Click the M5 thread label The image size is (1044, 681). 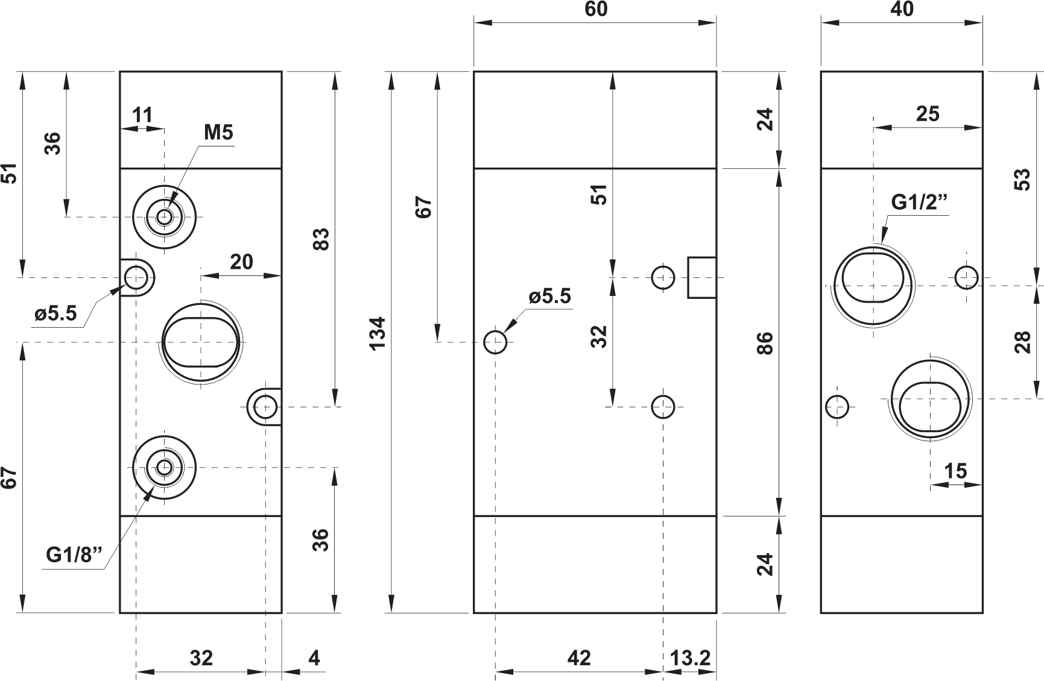[x=218, y=132]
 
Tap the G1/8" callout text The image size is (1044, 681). [x=75, y=554]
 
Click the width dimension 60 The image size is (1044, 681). [x=595, y=9]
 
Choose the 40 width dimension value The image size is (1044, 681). [x=902, y=9]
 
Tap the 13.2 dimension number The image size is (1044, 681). [x=691, y=658]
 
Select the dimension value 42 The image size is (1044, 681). [x=579, y=658]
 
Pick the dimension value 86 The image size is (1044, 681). [x=764, y=343]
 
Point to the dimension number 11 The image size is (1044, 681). [x=142, y=115]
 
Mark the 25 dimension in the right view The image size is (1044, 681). [x=928, y=113]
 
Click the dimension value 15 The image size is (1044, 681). [x=956, y=471]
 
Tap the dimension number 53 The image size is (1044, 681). [x=1022, y=180]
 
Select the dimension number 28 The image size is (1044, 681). [x=1022, y=342]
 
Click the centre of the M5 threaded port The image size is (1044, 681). [x=164, y=217]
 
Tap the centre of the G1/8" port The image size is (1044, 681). [x=164, y=467]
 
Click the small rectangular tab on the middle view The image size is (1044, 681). [x=702, y=277]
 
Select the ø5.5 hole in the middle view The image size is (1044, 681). [x=496, y=342]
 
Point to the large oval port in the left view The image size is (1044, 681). [x=200, y=342]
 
